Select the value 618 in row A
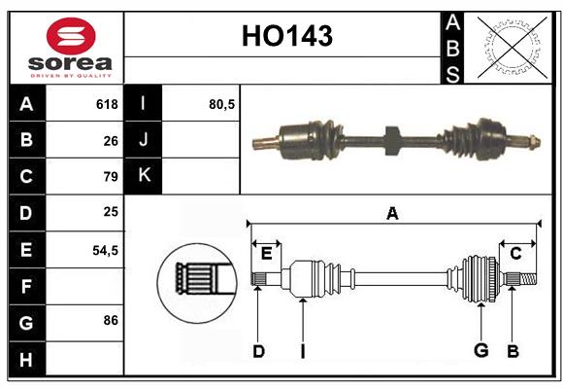tap(107, 104)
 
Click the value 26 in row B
tap(111, 140)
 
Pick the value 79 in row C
tap(111, 177)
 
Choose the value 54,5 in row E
tap(105, 250)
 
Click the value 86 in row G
tap(111, 320)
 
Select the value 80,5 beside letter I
tap(222, 104)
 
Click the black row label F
tap(26, 286)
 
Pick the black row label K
tap(144, 176)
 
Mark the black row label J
tap(144, 140)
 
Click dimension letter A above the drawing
tap(392, 214)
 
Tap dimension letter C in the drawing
tap(516, 254)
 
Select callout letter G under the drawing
tap(480, 351)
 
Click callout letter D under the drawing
tap(258, 351)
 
